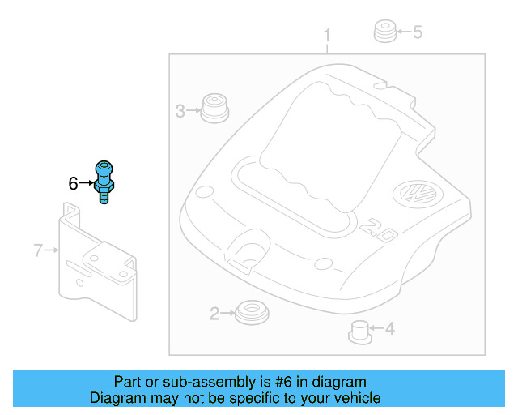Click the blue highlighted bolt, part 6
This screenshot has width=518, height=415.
click(105, 181)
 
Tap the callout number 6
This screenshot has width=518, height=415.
click(73, 184)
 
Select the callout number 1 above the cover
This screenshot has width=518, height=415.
click(327, 36)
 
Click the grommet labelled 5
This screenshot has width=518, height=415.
click(384, 33)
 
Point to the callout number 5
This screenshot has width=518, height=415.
click(418, 32)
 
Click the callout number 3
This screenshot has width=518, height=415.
click(180, 111)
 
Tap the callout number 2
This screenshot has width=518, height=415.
click(214, 313)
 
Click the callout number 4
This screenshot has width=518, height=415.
click(389, 329)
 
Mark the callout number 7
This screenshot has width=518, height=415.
click(37, 250)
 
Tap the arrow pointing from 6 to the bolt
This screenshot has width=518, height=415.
click(87, 184)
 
